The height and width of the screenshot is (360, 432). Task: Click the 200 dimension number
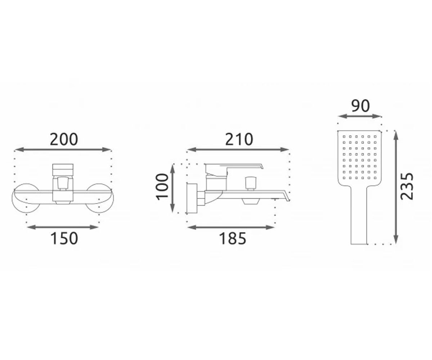64,139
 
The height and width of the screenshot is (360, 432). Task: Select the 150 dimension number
64,238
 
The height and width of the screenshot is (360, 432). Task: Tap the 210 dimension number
239,139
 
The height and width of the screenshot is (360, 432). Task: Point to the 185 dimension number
233,238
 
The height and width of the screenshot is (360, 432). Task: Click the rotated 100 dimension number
163,187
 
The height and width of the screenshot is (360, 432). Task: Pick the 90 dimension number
360,106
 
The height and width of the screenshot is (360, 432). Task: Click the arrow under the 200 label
63,150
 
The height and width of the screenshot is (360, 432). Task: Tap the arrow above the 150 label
63,228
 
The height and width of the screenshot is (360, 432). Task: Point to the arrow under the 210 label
238,150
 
